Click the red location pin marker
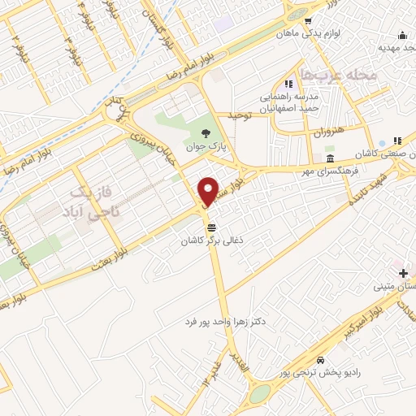208,191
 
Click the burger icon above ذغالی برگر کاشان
212,228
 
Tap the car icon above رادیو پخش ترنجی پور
321,360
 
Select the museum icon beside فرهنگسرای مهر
329,158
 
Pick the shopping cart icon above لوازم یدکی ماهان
306,21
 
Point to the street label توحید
241,116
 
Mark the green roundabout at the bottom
260,393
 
